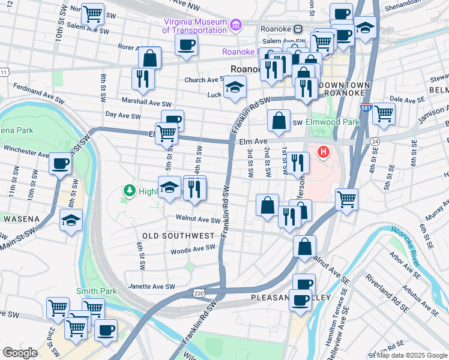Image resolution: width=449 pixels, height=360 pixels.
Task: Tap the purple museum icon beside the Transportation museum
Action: click(x=236, y=25)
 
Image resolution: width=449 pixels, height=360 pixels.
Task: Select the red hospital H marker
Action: click(x=324, y=152)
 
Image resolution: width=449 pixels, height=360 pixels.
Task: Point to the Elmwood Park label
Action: click(x=332, y=122)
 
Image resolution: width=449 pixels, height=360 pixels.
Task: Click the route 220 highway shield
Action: click(x=199, y=293)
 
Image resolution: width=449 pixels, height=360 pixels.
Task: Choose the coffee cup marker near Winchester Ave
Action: click(x=59, y=163)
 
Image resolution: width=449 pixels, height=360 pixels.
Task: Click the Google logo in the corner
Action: click(x=20, y=353)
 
